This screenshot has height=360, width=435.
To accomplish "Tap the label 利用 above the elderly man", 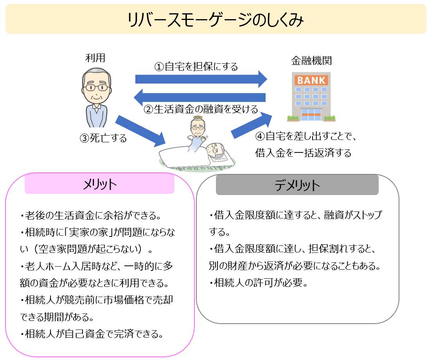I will (95, 58).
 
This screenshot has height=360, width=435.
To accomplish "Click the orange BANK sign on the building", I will (311, 81).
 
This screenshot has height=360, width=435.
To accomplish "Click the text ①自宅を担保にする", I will (196, 67).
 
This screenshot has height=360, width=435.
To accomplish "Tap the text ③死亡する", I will (103, 138).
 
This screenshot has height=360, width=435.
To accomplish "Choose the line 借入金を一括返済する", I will (303, 152).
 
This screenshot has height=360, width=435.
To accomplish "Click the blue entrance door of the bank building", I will (311, 115).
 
